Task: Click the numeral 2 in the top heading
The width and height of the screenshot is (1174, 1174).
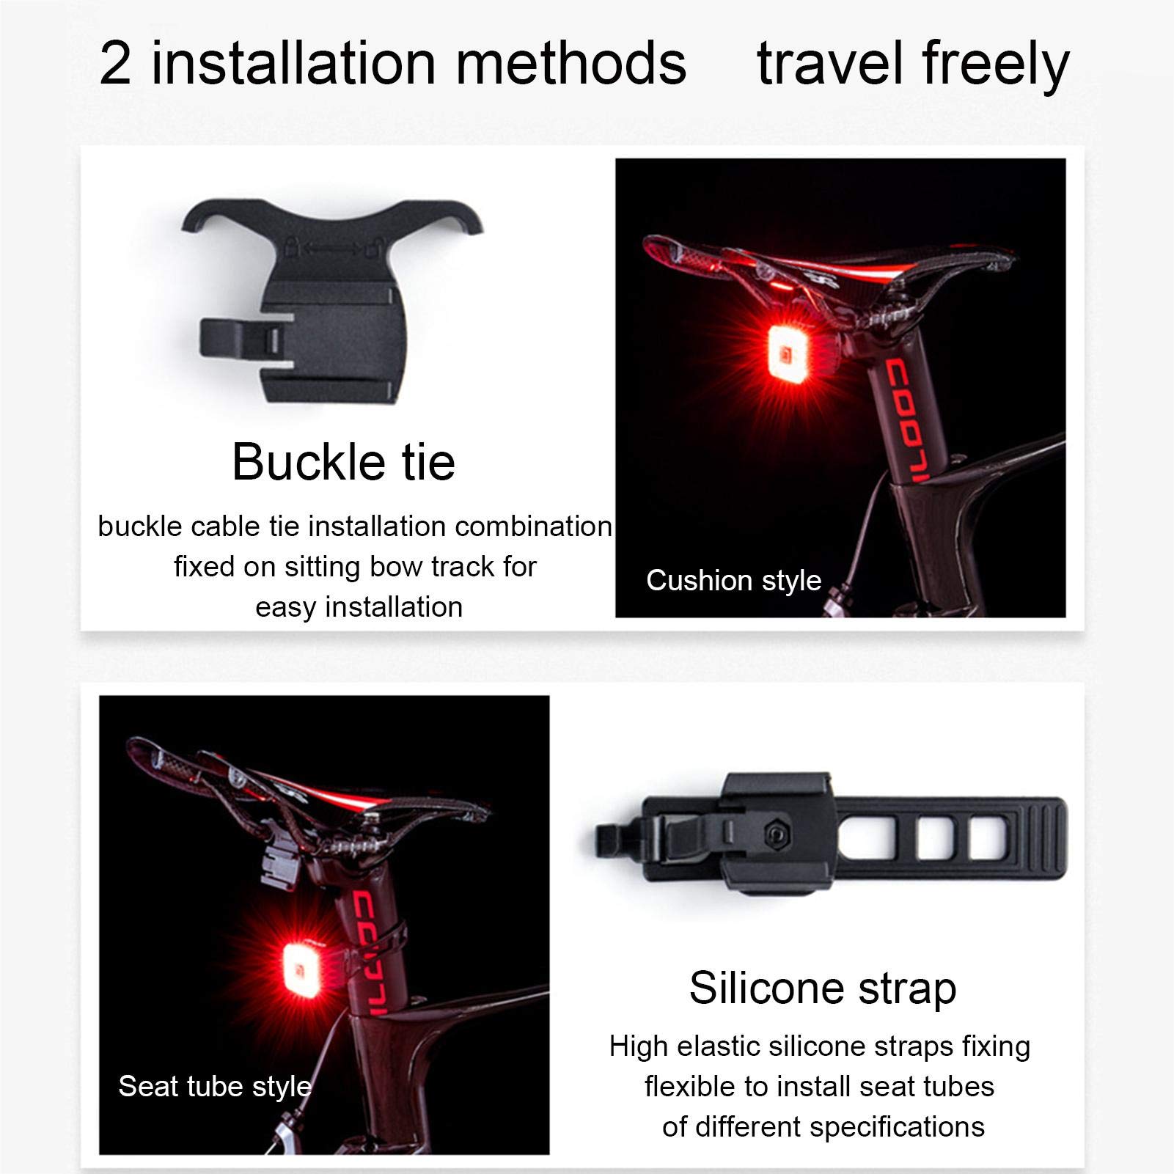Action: [116, 64]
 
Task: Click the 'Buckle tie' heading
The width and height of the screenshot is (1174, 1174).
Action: [343, 462]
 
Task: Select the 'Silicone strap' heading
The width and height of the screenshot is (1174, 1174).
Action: [822, 988]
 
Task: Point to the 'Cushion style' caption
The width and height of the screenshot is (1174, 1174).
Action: [733, 580]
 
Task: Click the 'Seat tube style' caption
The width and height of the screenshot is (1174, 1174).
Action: [215, 1086]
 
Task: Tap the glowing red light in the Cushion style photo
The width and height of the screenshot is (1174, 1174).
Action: [787, 355]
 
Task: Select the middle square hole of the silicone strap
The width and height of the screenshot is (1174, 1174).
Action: [934, 837]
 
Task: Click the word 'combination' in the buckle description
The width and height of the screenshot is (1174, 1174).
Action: [533, 527]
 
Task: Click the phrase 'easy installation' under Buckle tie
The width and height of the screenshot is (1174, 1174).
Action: [359, 607]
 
